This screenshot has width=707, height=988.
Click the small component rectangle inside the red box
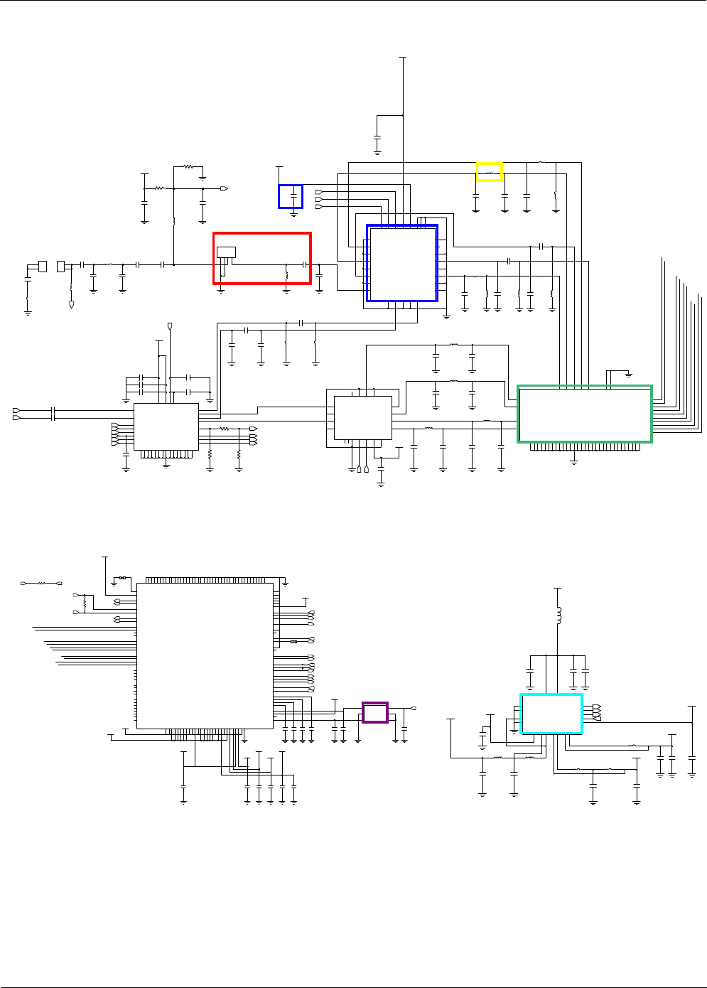tap(226, 252)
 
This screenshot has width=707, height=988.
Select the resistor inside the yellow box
tap(489, 172)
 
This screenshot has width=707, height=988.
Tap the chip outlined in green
tap(584, 414)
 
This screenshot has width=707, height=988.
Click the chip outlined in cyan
tap(551, 714)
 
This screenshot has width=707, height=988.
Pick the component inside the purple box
tap(375, 712)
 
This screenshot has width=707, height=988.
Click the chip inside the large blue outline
tap(402, 263)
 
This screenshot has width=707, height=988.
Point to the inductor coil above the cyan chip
tap(558, 616)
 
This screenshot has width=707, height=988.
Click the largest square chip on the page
tap(205, 655)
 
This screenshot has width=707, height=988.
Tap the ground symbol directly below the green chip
tap(574, 461)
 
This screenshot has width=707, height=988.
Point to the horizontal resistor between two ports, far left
tap(41, 583)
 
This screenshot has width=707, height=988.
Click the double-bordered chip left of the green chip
tap(362, 418)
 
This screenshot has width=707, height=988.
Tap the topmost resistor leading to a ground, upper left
tap(188, 167)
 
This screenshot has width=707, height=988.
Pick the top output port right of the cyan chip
tap(595, 706)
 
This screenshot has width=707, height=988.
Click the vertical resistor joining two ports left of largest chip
tap(85, 603)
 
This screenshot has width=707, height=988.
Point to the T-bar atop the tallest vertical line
tap(403, 57)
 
